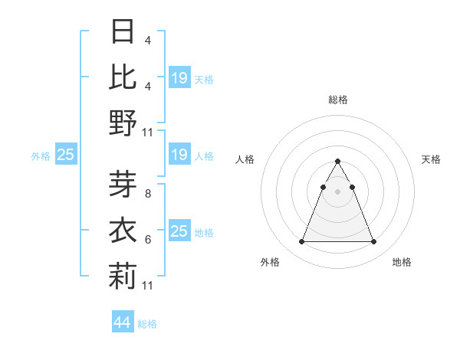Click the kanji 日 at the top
click(x=123, y=32)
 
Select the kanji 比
click(x=123, y=77)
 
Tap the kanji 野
click(x=123, y=123)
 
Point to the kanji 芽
click(x=123, y=185)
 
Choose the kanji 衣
click(x=123, y=231)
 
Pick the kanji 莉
click(x=123, y=276)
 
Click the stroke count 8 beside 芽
click(x=147, y=194)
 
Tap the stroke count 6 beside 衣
click(x=147, y=240)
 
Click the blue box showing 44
click(x=122, y=322)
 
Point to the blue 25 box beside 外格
click(x=66, y=155)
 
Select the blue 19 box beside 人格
click(x=179, y=155)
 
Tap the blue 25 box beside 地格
click(x=179, y=231)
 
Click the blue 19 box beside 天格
click(x=179, y=77)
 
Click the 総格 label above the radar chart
click(x=337, y=100)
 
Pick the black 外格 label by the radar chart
click(x=270, y=262)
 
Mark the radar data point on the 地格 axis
click(x=373, y=242)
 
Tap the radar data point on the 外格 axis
click(x=301, y=242)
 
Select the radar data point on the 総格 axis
click(x=337, y=162)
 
